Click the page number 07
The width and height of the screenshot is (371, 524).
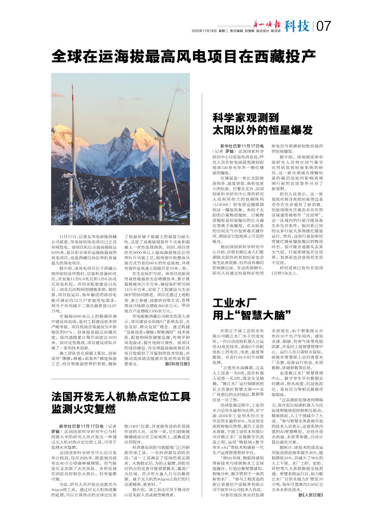(x=323, y=26)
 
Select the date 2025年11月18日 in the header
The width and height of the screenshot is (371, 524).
(x=203, y=31)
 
